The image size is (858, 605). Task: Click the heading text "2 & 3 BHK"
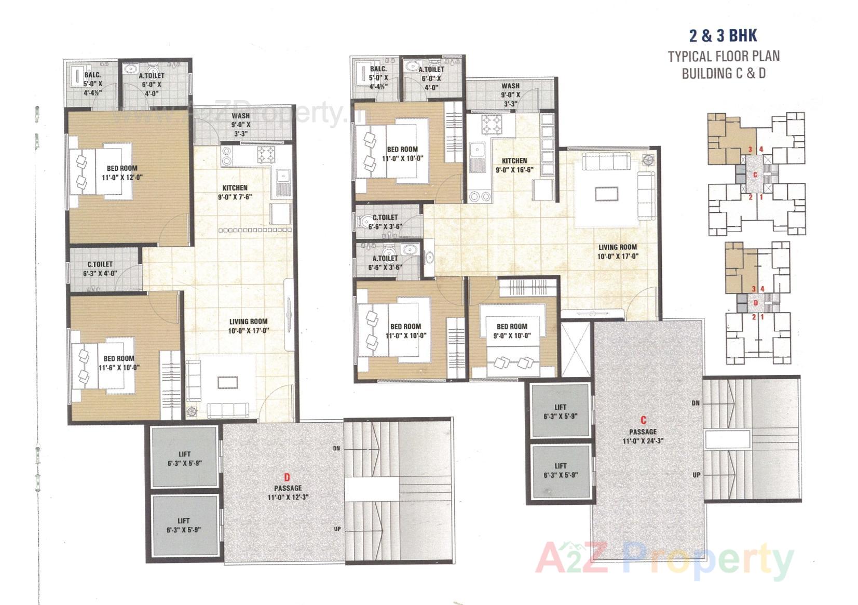click(x=723, y=35)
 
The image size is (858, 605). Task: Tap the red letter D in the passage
click(x=287, y=477)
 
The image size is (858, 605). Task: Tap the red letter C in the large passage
click(x=643, y=420)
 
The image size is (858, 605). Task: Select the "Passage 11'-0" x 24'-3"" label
click(x=643, y=436)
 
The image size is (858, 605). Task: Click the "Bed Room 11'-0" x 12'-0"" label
click(x=122, y=172)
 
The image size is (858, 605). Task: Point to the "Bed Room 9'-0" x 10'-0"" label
click(x=512, y=331)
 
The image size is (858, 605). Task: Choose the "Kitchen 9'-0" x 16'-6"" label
click(x=514, y=165)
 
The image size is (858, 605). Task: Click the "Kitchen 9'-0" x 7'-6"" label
click(x=235, y=192)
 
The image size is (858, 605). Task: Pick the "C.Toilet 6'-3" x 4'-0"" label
click(x=100, y=268)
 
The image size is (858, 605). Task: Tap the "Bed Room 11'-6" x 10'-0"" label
click(x=119, y=362)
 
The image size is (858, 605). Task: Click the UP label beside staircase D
click(x=337, y=529)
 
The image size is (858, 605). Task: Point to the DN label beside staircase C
click(x=696, y=403)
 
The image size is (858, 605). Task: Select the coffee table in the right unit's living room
click(x=607, y=194)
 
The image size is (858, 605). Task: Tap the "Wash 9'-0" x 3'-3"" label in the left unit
click(x=240, y=124)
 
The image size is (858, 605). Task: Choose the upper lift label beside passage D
click(x=184, y=458)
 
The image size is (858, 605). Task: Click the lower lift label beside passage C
click(x=561, y=470)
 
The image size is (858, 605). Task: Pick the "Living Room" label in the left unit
click(x=248, y=326)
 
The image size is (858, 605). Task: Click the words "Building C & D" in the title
click(x=723, y=73)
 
